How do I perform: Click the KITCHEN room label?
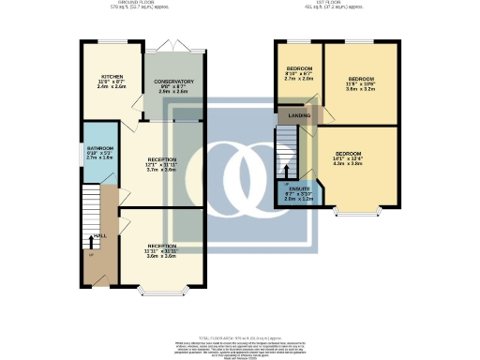(x=112, y=77)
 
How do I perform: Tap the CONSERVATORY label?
(x=174, y=82)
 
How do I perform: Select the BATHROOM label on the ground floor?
(x=99, y=148)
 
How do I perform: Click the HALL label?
(x=99, y=236)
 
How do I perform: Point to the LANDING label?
(x=300, y=115)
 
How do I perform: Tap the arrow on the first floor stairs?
(x=286, y=170)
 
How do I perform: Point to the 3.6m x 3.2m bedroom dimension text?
(x=361, y=90)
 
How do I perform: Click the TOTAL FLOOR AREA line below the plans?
(x=239, y=335)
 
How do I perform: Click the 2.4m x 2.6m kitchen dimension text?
(x=112, y=86)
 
